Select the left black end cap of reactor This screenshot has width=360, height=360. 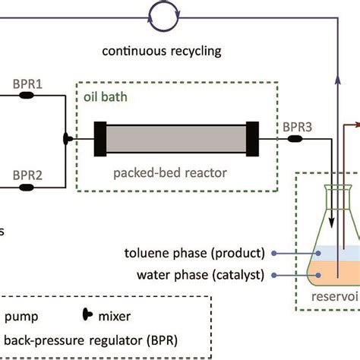click(99, 140)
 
